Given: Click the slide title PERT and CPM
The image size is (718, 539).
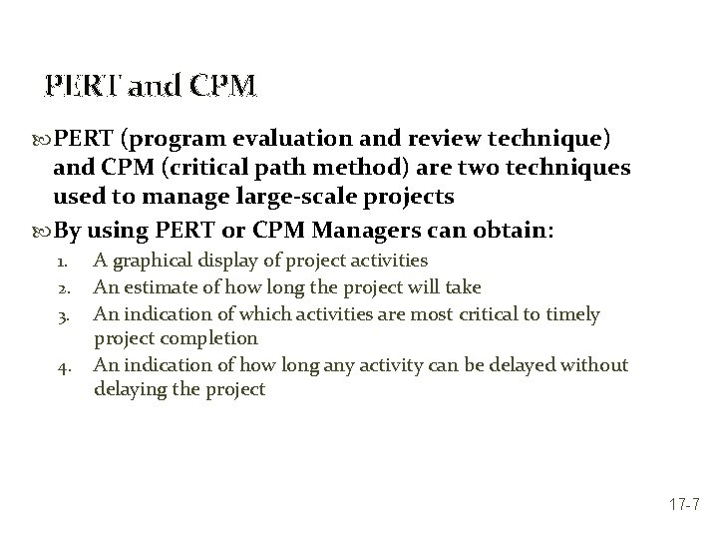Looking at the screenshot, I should [x=152, y=87].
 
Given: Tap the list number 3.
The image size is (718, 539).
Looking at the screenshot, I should [x=60, y=315].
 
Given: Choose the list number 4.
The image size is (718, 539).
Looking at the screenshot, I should [x=60, y=366].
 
